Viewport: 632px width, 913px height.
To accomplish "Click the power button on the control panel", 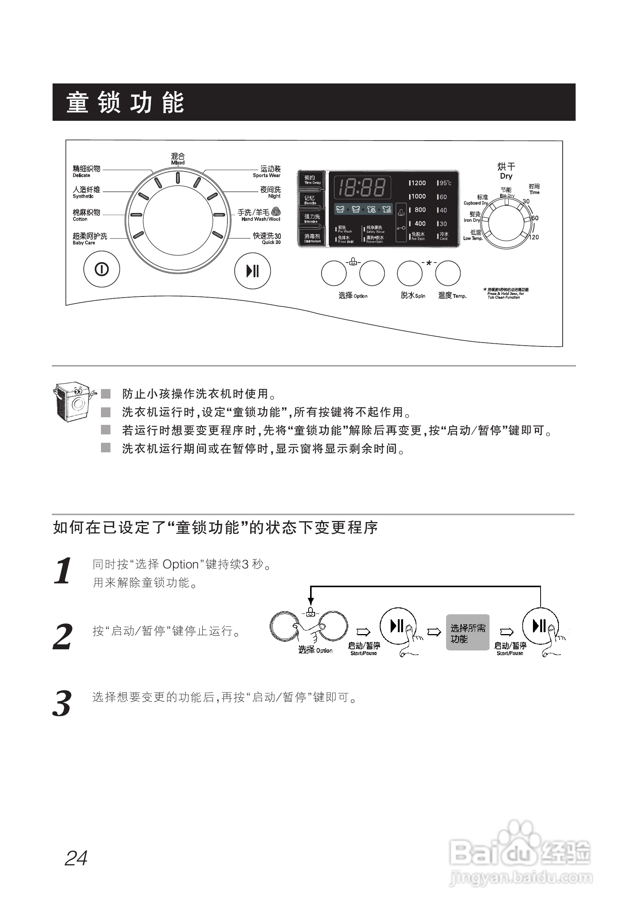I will tap(102, 270).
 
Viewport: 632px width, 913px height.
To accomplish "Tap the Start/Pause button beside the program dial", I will tap(253, 271).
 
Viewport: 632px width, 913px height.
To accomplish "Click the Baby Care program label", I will tap(90, 239).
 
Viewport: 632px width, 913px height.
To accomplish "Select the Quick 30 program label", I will tap(267, 239).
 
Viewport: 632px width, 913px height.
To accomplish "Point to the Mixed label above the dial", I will tap(178, 159).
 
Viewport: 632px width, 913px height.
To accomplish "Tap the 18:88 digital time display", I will tap(362, 187).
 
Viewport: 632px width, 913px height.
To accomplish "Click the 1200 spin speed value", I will tap(418, 183).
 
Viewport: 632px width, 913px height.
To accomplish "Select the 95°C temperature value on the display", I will tap(444, 183).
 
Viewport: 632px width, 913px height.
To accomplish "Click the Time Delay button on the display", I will tap(312, 180).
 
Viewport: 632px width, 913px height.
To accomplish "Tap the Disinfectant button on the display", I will tap(312, 238).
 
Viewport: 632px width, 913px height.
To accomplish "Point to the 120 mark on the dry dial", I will tap(533, 237).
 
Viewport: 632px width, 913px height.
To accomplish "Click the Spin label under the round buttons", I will tap(413, 295).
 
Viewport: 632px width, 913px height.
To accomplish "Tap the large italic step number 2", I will tap(62, 636).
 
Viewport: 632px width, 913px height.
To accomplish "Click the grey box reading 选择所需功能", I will tap(468, 633).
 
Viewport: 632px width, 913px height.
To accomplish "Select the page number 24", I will tap(76, 859).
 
